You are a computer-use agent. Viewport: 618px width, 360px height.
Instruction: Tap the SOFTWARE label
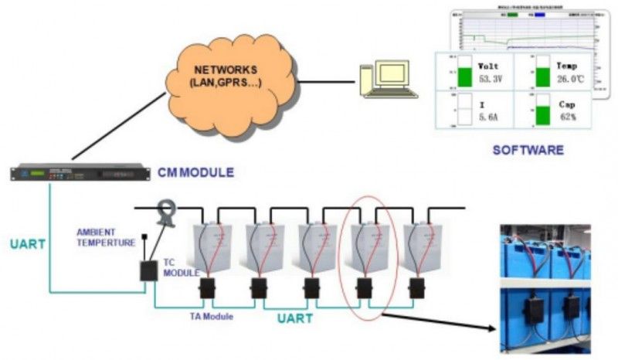pos(528,149)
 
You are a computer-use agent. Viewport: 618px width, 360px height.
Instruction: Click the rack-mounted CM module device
pos(78,172)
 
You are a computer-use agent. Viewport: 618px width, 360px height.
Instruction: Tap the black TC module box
pos(147,270)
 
